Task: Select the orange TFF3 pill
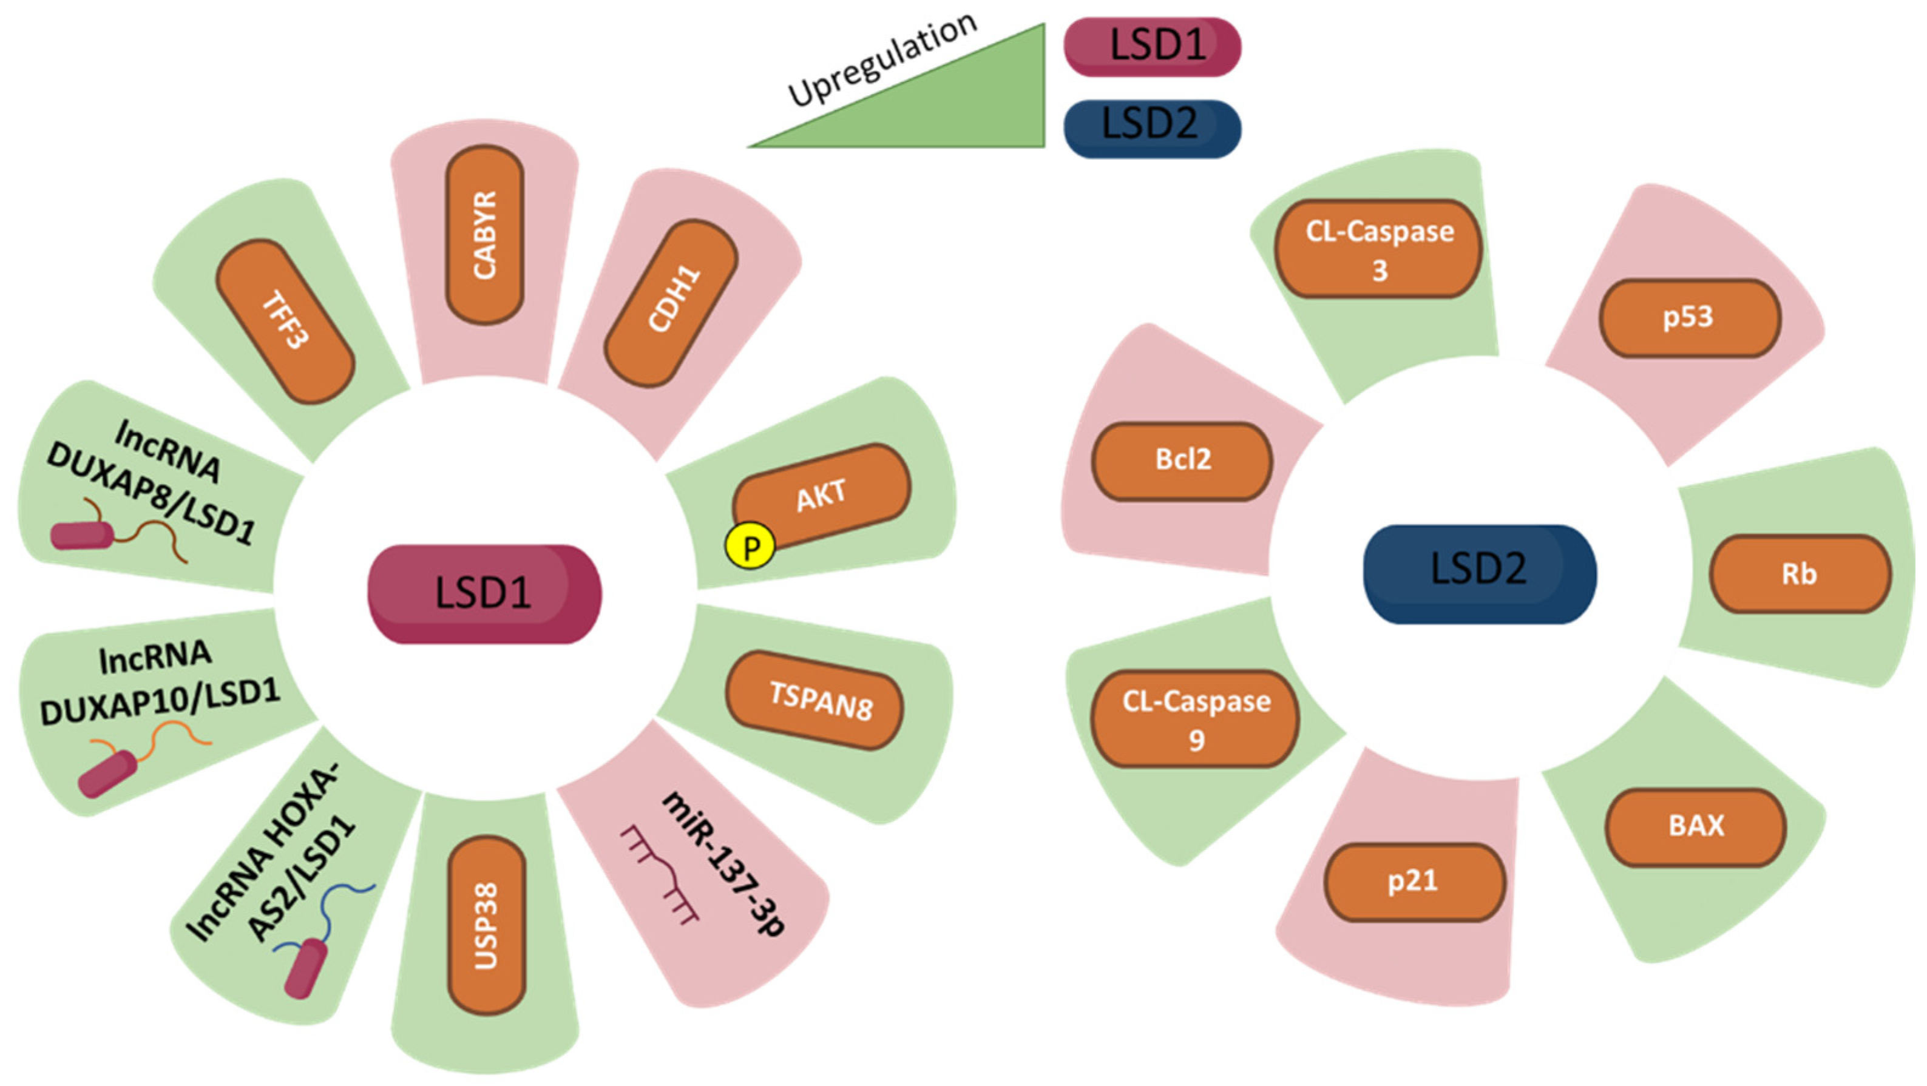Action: (285, 322)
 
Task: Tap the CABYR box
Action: (485, 235)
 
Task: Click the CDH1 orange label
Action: (671, 303)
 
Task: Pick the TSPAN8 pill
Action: (814, 700)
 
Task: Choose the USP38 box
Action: (486, 925)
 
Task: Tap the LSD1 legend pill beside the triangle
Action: (1152, 46)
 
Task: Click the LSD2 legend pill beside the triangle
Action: (1152, 128)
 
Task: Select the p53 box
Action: (1689, 318)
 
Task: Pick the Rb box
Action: (1799, 574)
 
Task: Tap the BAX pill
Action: (1695, 826)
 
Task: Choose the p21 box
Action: (1414, 882)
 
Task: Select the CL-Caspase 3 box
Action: (1379, 249)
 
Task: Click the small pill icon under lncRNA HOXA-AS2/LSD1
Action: (305, 968)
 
